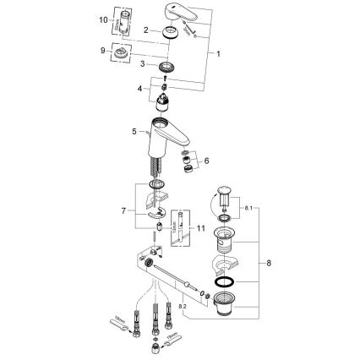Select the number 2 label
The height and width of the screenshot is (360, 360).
pos(146,30)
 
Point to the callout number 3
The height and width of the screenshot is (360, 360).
pos(143,63)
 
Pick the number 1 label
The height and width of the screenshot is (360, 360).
pos(221,53)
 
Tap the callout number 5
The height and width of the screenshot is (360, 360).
pos(135,132)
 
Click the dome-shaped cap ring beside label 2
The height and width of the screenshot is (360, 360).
pos(167,31)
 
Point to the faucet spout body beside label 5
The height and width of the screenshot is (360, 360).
pos(170,135)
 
